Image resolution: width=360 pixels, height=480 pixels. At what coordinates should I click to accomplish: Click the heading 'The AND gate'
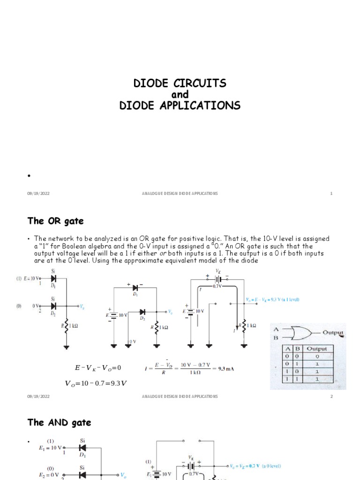click(x=59, y=422)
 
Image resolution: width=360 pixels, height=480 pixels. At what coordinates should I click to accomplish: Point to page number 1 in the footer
click(x=331, y=194)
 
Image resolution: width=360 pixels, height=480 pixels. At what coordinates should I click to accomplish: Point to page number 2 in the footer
click(x=331, y=397)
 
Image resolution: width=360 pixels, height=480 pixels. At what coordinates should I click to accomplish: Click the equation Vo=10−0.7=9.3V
click(x=96, y=383)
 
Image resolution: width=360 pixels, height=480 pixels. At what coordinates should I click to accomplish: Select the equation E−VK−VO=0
click(x=98, y=367)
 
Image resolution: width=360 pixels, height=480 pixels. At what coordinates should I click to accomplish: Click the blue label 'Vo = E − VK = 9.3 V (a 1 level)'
click(x=272, y=299)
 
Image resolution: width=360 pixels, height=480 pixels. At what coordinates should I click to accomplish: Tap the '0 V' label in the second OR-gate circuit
click(x=133, y=341)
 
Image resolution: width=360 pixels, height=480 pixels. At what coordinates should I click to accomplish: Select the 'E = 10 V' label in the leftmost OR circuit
click(x=32, y=279)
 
